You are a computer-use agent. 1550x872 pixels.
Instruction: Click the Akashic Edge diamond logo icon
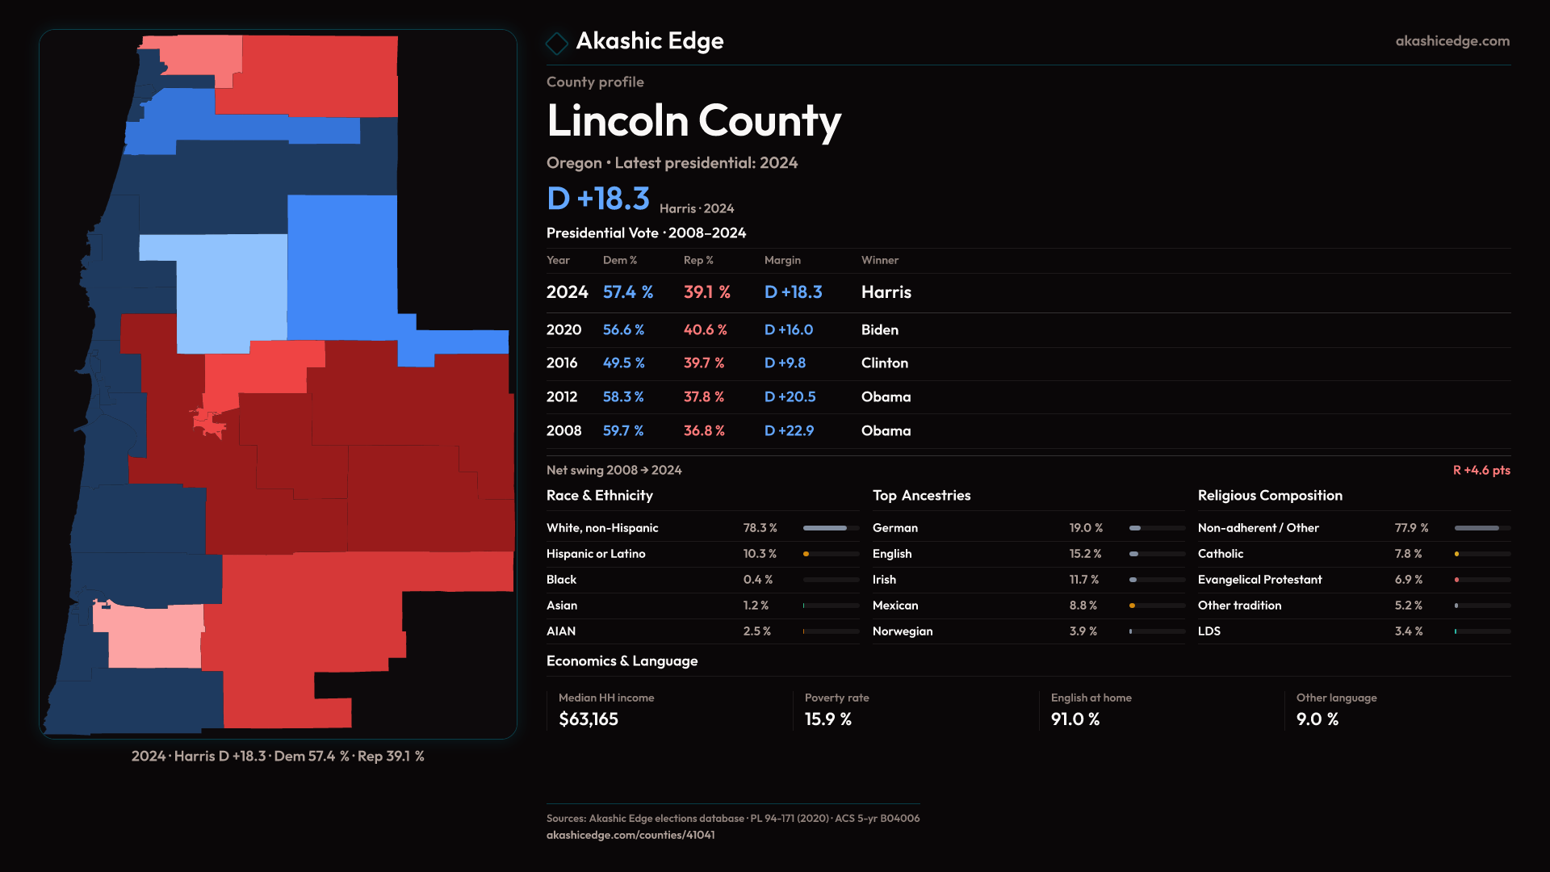557,43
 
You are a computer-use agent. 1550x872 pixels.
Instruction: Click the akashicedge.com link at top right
1452,41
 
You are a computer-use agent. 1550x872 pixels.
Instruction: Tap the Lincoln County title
693,121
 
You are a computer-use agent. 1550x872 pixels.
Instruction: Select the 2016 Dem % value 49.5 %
623,363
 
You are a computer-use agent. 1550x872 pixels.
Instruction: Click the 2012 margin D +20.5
790,397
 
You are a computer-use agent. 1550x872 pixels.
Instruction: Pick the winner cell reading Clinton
884,363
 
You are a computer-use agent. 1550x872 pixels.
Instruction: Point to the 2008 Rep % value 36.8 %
703,431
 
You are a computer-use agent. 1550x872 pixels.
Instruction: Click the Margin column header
782,260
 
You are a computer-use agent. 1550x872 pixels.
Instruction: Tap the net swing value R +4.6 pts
1481,470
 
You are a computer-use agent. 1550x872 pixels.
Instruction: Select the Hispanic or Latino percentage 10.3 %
759,554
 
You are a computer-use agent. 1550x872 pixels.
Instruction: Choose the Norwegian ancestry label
902,631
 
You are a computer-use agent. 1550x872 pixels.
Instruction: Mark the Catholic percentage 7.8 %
1408,554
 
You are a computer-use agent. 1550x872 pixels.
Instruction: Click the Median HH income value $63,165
588,719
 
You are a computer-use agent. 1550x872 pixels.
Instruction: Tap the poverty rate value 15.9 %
827,719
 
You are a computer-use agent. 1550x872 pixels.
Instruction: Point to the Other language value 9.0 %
1317,719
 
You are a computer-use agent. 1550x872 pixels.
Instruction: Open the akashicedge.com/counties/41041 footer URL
630,835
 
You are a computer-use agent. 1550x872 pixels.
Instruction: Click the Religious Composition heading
1269,496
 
